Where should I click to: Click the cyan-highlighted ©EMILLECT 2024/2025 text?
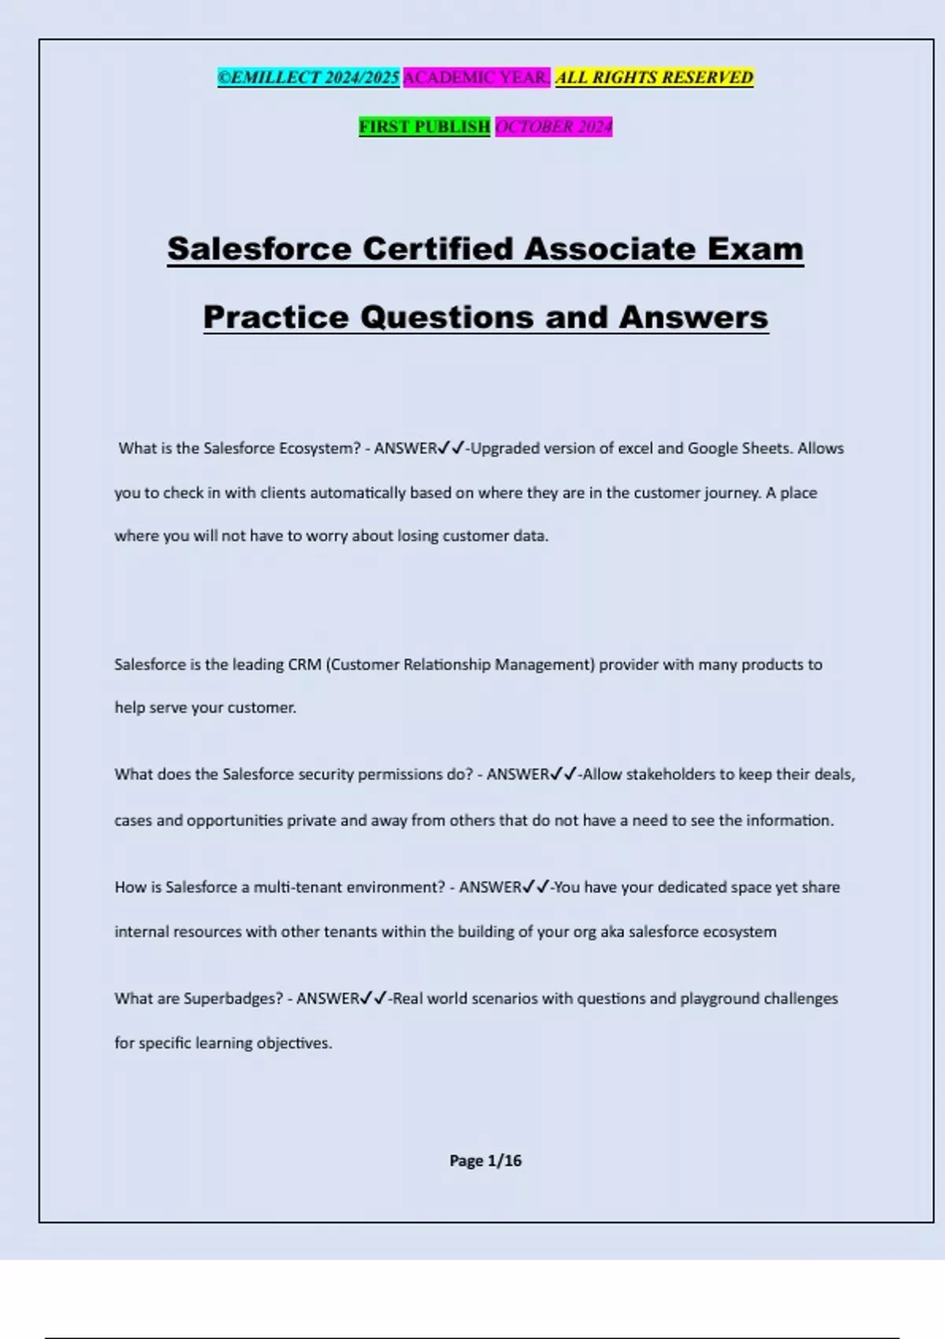click(309, 77)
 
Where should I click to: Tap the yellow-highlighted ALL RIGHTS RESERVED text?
click(654, 77)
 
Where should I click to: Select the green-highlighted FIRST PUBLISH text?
click(424, 127)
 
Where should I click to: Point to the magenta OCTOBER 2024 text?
click(554, 127)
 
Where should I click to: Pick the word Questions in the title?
click(448, 317)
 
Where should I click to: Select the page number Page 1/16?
click(485, 1160)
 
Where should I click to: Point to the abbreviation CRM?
click(305, 664)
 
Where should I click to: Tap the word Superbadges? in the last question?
click(233, 998)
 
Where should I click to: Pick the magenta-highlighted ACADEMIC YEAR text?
click(476, 77)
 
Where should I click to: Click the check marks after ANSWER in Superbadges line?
click(374, 998)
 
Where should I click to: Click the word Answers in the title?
click(693, 317)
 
